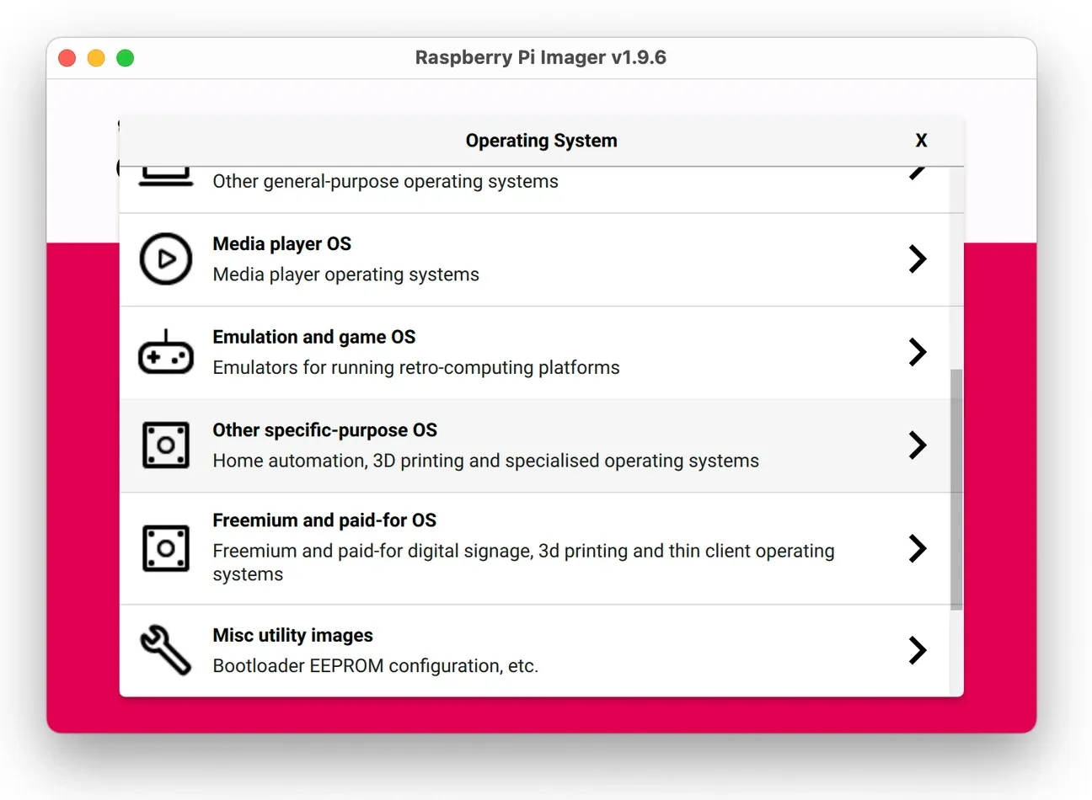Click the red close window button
coord(67,58)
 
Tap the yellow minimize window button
coord(96,58)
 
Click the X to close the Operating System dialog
coord(921,141)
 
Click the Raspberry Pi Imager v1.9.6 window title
coord(540,57)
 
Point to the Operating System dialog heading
coord(541,141)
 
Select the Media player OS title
coord(281,244)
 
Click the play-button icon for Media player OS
coord(166,259)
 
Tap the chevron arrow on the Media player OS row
coord(918,259)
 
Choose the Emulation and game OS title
coord(313,337)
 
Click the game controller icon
coord(166,353)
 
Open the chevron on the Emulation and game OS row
coord(918,352)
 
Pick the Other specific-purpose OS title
coord(324,430)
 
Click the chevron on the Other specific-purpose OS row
coord(918,445)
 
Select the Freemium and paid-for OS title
coord(324,520)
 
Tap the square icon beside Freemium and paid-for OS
coord(166,548)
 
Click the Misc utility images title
coord(292,636)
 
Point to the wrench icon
coord(166,649)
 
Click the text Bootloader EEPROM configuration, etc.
coord(375,666)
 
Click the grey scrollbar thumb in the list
coord(955,488)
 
